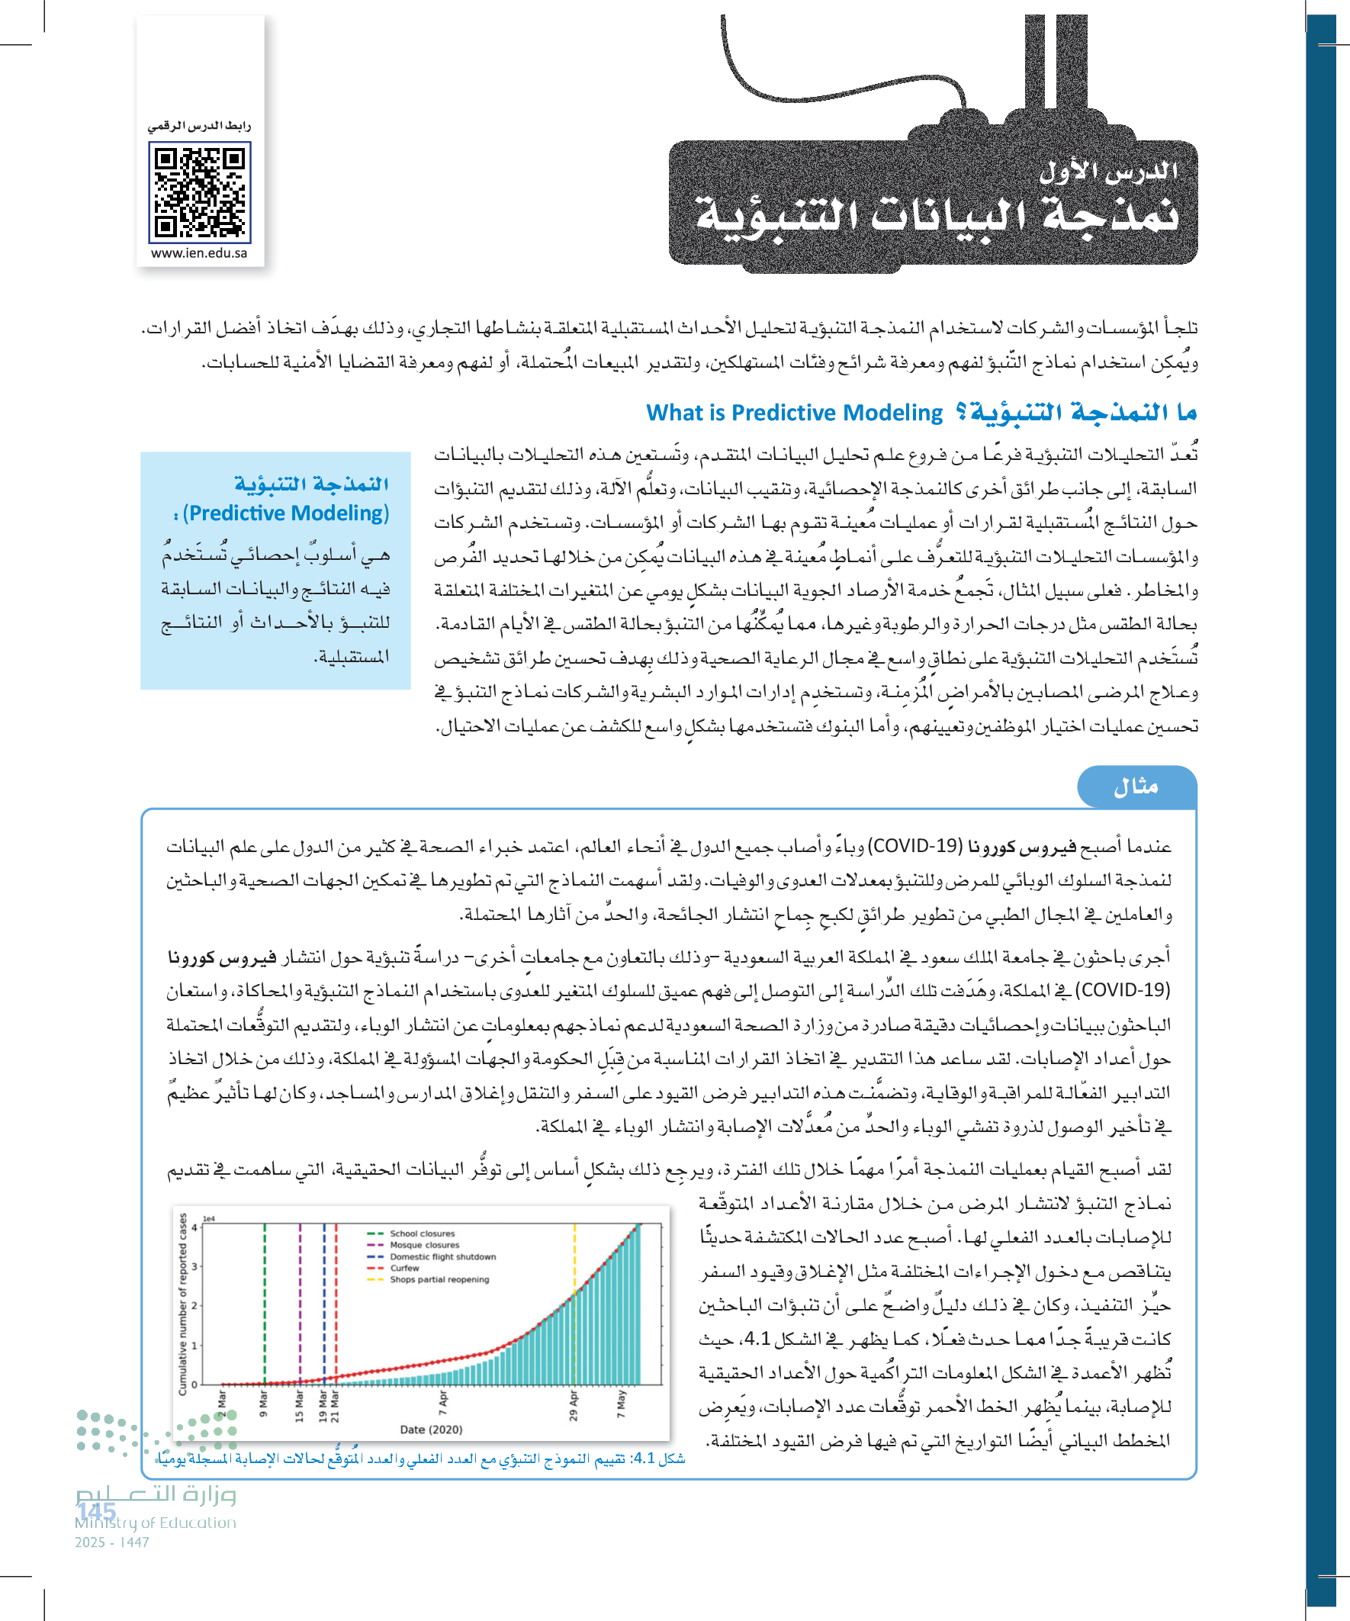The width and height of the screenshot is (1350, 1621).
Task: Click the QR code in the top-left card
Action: coord(200,192)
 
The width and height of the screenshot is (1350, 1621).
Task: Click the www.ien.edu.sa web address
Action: coord(199,253)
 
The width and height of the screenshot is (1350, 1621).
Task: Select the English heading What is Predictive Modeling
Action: coord(794,413)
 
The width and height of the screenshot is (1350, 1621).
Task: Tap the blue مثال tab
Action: coord(1136,786)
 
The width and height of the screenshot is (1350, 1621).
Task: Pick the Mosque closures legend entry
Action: coord(424,1245)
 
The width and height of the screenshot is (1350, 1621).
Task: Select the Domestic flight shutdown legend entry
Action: coord(442,1256)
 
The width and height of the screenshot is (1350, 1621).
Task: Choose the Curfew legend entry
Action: coord(404,1268)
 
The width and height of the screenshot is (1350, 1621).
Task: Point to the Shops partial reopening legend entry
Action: coord(439,1279)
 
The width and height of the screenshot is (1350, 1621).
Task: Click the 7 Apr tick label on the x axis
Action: coord(443,1399)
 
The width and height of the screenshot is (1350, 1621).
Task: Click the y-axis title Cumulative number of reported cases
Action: coord(183,1304)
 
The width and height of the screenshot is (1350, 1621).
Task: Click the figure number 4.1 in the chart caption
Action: coord(644,1458)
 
